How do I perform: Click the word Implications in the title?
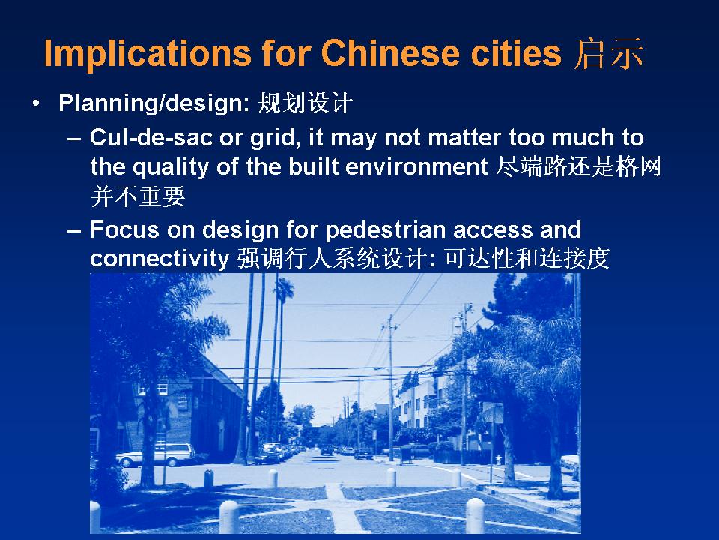(148, 55)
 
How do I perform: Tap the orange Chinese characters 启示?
(608, 54)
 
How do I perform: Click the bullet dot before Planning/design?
(36, 103)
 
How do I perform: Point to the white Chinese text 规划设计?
(305, 102)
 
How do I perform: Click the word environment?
(416, 166)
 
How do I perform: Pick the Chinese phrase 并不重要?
(138, 196)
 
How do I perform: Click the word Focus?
(124, 229)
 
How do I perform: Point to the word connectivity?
(159, 259)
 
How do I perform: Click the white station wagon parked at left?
(156, 454)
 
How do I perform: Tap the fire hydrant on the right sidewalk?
(499, 459)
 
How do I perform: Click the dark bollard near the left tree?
(208, 478)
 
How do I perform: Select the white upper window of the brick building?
(163, 389)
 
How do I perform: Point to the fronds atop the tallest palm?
(285, 288)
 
